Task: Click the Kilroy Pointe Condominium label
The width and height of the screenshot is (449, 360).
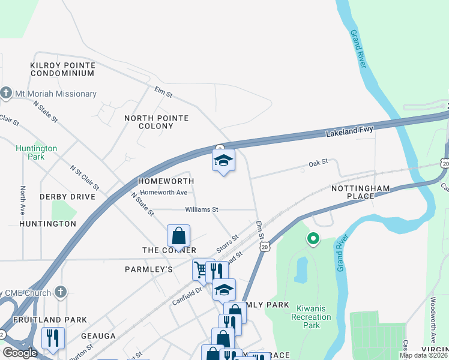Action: tap(62, 68)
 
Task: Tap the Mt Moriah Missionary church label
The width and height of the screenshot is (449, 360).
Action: tap(49, 94)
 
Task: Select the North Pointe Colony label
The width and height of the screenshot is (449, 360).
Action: tap(156, 122)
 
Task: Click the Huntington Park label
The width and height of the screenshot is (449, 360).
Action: tap(37, 152)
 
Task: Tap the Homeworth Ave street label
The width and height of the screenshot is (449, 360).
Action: tap(164, 193)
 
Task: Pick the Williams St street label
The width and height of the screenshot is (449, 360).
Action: tap(201, 209)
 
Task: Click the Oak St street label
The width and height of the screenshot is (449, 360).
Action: tap(318, 162)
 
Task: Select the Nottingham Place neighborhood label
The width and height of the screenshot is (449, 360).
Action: tap(361, 192)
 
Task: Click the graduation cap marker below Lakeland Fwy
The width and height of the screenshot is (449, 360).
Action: tap(223, 161)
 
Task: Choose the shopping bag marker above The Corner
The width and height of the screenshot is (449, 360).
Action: tap(178, 235)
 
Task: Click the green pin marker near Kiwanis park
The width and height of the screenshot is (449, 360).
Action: tap(313, 239)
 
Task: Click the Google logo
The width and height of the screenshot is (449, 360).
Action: tap(20, 352)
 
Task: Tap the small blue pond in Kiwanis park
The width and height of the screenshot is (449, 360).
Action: tap(301, 268)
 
